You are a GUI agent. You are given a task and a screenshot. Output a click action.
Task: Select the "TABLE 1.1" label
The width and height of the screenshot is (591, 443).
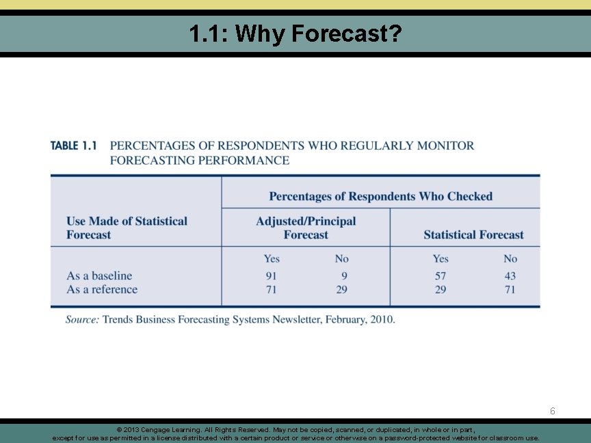point(73,146)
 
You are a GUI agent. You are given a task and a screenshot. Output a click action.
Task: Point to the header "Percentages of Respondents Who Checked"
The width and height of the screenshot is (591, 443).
point(380,196)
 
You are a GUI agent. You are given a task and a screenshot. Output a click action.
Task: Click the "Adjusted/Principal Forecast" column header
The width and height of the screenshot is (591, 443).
point(306,228)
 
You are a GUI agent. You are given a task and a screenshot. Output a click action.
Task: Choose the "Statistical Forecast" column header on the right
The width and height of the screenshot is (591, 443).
point(473,234)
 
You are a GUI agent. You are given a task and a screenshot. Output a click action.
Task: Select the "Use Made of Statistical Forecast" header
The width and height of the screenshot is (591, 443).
point(127,228)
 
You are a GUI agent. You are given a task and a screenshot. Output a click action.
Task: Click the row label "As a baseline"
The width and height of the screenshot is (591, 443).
point(99,276)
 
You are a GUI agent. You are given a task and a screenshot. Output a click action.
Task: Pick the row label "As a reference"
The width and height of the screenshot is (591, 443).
point(102,289)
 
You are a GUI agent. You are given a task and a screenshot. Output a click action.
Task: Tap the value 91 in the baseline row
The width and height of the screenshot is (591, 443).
point(271,276)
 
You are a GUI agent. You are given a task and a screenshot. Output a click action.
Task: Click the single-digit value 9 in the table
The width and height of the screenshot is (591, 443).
point(344,276)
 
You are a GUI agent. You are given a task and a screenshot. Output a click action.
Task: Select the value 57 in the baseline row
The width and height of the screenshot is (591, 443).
point(441,276)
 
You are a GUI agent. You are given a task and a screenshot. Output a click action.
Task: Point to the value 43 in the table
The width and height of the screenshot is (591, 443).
point(510,276)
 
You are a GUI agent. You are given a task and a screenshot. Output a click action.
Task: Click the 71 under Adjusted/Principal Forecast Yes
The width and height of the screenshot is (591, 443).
point(271,289)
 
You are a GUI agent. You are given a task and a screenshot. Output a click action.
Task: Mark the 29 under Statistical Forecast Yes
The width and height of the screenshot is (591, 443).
point(441,289)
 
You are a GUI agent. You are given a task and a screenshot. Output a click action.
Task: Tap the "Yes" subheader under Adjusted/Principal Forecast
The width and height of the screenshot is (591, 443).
point(272,258)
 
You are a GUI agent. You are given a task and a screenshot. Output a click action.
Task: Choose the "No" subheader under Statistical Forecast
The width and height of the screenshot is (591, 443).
point(510,258)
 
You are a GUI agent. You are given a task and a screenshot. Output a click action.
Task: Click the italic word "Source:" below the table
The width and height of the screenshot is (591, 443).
point(82,319)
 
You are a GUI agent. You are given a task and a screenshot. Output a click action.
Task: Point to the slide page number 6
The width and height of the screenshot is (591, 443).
point(553,411)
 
